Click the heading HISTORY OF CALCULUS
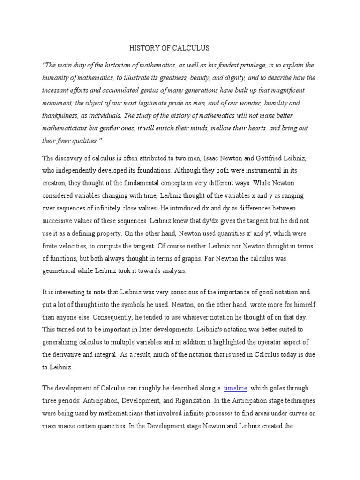pos(169,48)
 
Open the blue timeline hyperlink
pos(235,389)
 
